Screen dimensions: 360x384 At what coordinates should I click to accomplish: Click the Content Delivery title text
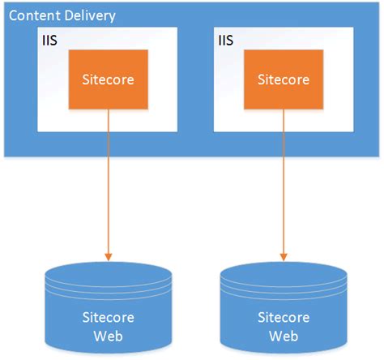click(x=62, y=16)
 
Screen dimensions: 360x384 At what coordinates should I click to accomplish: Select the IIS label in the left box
click(x=49, y=38)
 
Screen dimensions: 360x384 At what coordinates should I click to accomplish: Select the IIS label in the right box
click(x=224, y=38)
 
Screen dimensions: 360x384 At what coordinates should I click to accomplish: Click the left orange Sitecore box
click(x=108, y=79)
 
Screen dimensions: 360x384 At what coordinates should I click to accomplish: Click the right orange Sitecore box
click(x=284, y=79)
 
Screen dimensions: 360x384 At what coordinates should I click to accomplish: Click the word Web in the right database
click(x=284, y=333)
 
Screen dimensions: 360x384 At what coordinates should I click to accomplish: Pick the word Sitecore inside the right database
click(x=284, y=316)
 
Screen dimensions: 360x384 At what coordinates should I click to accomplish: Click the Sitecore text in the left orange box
click(x=108, y=79)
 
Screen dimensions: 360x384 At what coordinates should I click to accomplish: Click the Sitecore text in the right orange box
click(x=284, y=79)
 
